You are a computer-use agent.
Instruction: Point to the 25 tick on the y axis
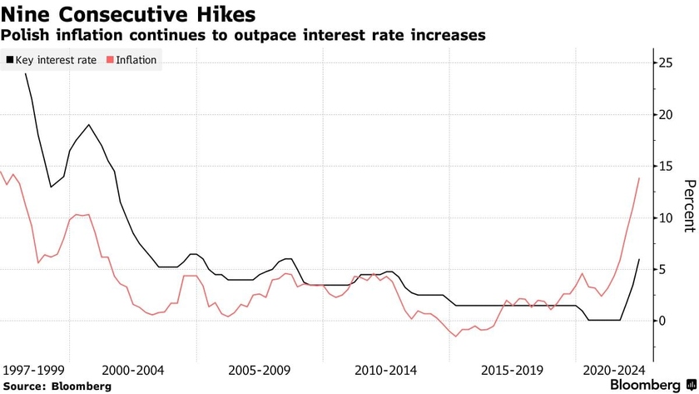tap(665, 63)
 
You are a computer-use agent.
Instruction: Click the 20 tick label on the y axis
tap(665, 115)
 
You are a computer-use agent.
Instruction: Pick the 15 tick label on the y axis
tap(665, 167)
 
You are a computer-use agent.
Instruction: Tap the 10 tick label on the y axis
tap(665, 218)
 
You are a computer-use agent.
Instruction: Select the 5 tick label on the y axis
tap(662, 269)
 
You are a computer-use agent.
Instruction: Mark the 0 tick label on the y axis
tap(662, 321)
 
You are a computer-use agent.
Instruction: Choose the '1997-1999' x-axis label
tap(35, 369)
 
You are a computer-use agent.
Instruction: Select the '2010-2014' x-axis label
tap(387, 369)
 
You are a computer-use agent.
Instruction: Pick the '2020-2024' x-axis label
tap(615, 369)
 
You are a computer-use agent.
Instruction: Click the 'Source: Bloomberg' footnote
tap(57, 386)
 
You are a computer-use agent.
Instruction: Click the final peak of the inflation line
tap(639, 177)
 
